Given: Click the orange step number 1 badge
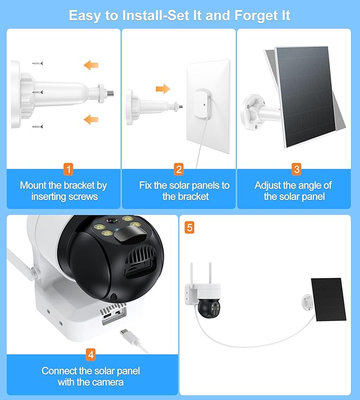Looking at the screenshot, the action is [x=68, y=169].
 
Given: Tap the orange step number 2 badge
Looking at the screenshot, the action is [x=179, y=169].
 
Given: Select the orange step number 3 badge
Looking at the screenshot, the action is [x=296, y=169].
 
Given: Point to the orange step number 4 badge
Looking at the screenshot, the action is [x=91, y=355].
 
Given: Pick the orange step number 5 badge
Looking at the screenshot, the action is [x=189, y=227].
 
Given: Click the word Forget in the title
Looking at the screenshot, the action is [x=256, y=16].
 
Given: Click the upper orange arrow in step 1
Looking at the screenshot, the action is [x=91, y=65].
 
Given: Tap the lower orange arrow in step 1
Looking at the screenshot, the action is [x=91, y=119].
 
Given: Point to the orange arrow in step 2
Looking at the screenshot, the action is [x=163, y=89].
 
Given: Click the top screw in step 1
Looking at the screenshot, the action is [x=38, y=63].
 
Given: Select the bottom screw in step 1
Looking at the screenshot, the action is [x=38, y=127].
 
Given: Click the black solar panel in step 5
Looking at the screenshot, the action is [x=329, y=299].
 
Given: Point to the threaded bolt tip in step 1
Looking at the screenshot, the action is [x=111, y=93].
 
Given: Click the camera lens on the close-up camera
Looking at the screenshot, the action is [x=111, y=221].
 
